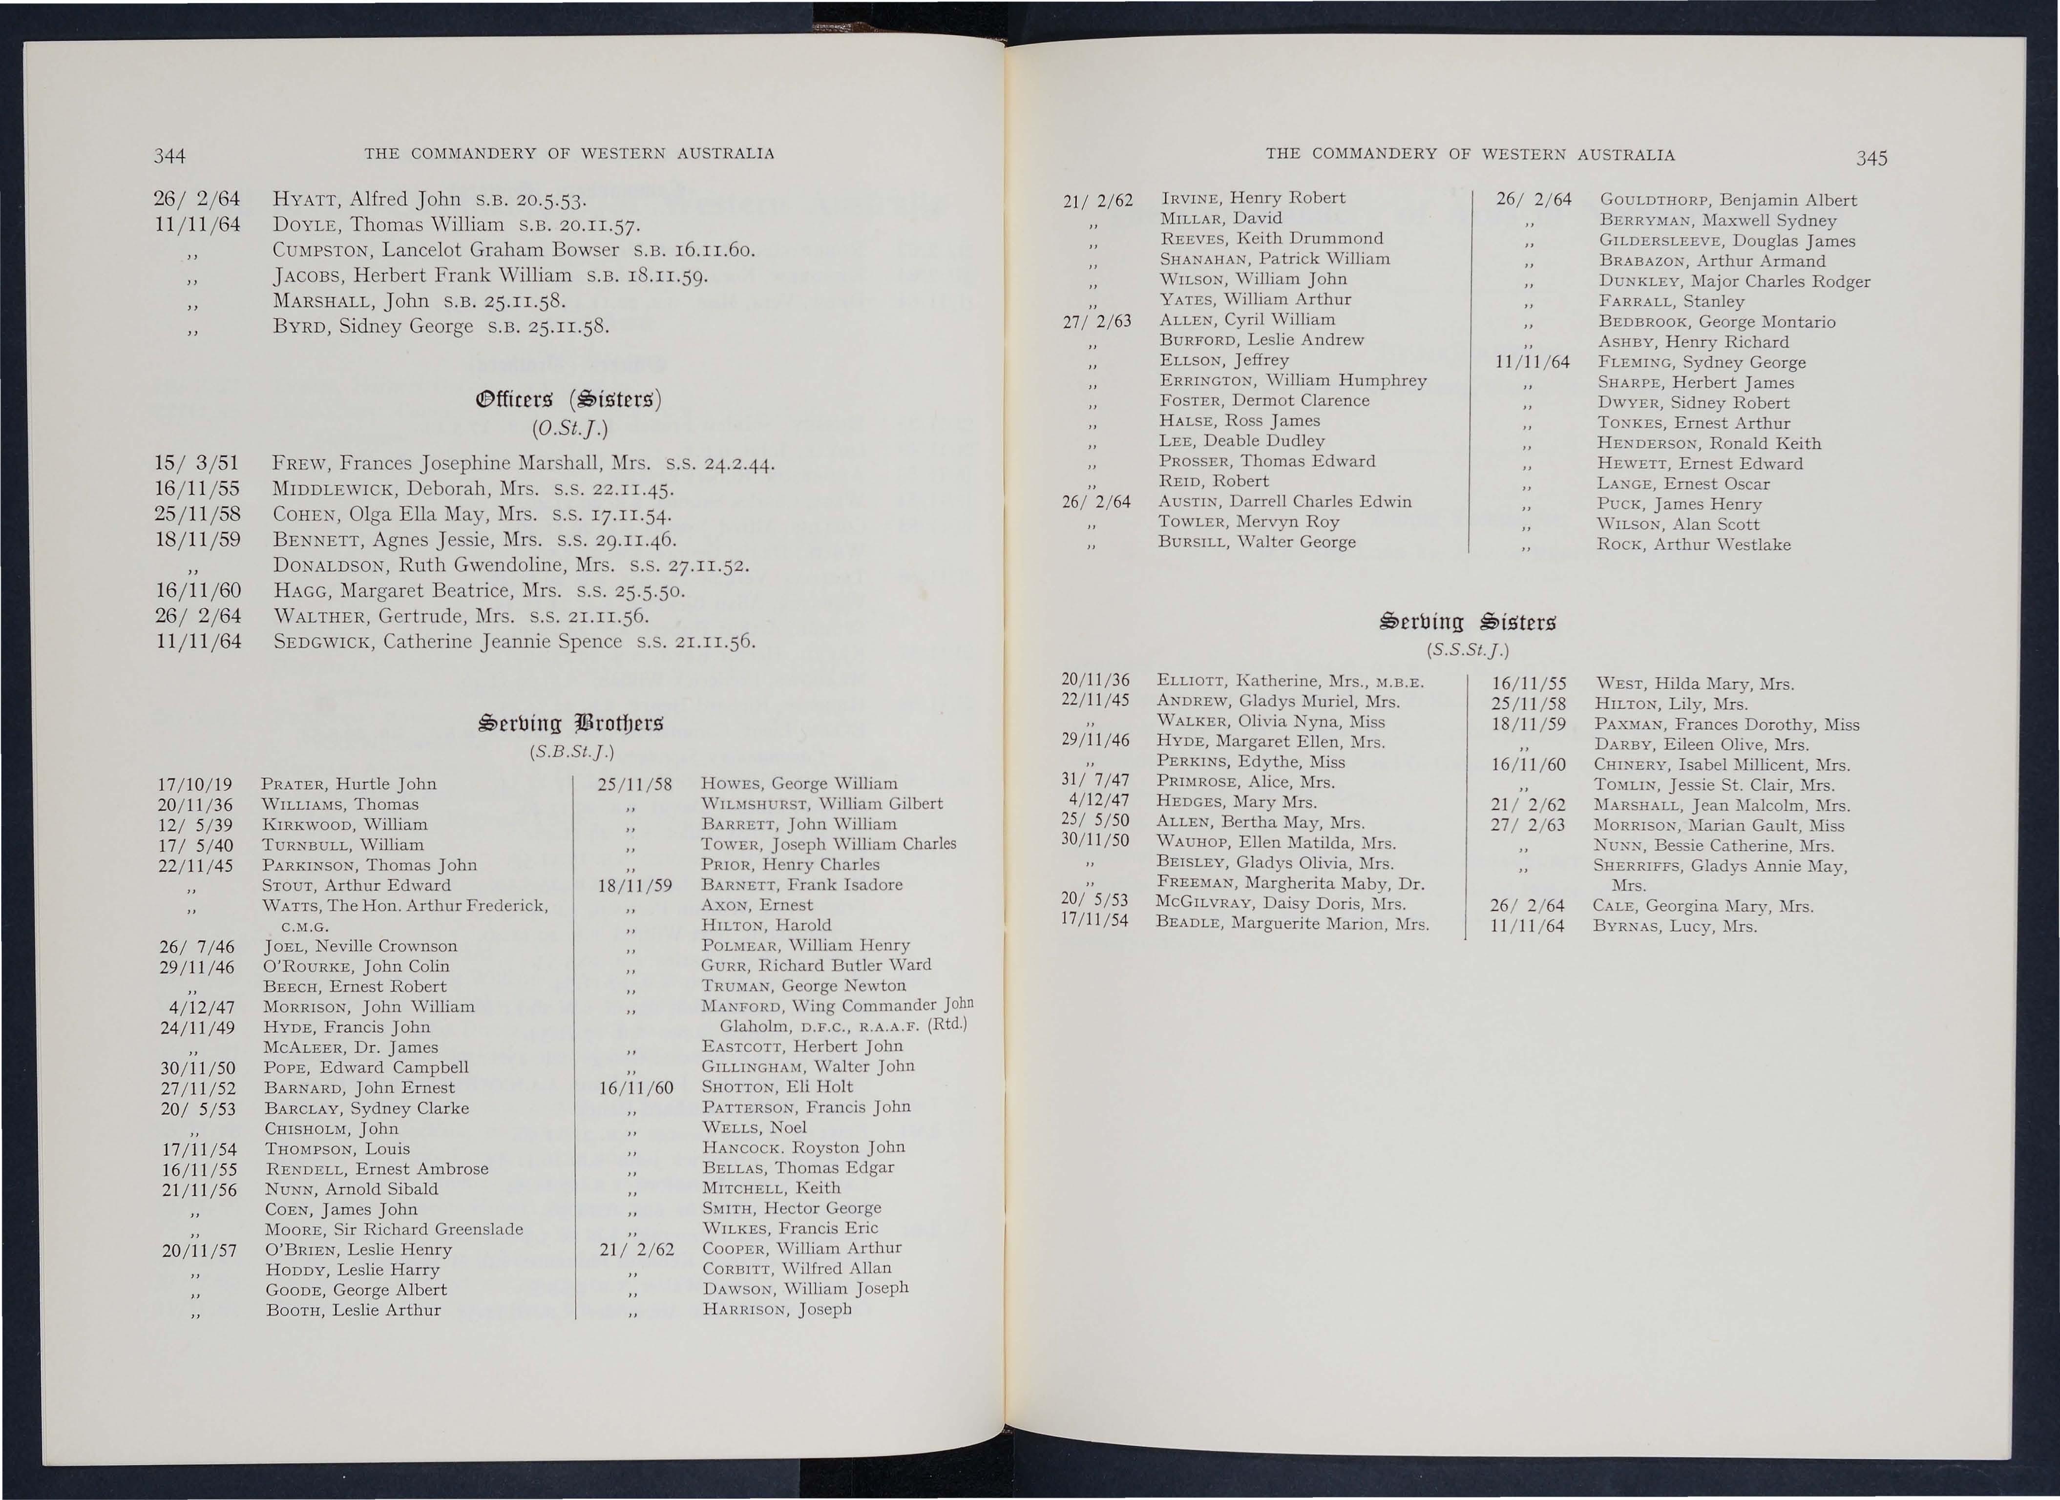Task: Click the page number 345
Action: pyautogui.click(x=1872, y=159)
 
